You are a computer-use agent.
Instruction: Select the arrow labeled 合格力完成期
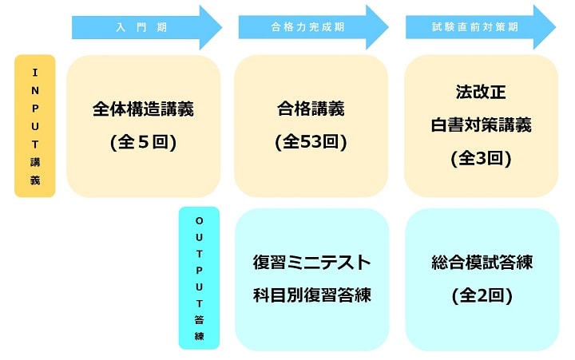pos(307,27)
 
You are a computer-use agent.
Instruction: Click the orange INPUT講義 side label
pos(35,126)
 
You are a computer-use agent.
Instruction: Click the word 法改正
pos(480,92)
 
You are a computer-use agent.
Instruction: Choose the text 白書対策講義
pos(480,125)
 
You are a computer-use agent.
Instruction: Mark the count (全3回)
pos(480,157)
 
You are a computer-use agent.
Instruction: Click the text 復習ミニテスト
pos(311,263)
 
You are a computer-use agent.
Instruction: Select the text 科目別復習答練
pos(311,295)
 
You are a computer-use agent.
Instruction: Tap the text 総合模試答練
pos(481,263)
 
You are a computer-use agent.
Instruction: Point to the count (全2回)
pos(481,295)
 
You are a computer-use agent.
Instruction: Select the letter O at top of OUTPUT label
pos(199,220)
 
